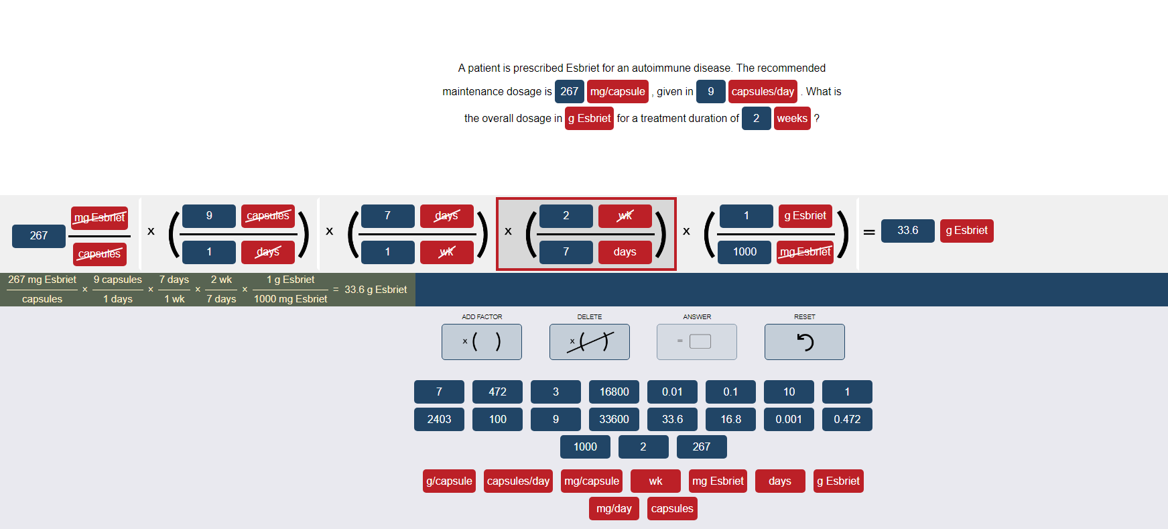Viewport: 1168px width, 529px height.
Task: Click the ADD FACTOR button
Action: [481, 342]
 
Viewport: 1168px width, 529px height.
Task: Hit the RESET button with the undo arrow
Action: [804, 342]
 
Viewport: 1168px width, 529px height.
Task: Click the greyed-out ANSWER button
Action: [696, 342]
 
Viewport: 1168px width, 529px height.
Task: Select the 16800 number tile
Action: [614, 392]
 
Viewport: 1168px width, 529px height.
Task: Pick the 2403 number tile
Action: [439, 419]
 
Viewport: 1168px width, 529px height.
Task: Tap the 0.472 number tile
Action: [847, 419]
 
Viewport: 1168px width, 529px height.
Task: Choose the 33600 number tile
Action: [614, 419]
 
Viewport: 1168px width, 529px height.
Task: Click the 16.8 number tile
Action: [730, 419]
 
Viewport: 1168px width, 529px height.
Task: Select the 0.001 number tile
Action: [789, 419]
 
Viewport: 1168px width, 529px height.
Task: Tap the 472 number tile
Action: [497, 392]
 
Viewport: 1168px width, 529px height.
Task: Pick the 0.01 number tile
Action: [672, 392]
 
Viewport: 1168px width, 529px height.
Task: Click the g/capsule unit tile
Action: [449, 481]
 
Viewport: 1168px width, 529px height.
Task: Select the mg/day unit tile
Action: [614, 508]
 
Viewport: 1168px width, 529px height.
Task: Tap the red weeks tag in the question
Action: [792, 118]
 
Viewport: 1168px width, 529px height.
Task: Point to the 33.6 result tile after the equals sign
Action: [907, 231]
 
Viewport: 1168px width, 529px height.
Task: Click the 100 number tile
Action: [497, 419]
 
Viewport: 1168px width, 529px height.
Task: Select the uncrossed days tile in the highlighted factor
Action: [625, 252]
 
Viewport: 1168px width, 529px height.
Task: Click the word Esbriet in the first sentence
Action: [582, 68]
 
